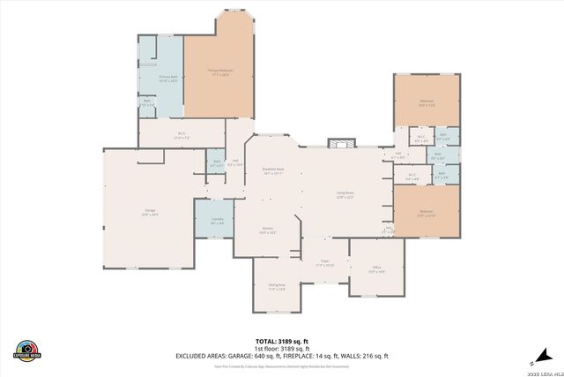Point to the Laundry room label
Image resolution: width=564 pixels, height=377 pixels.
click(217, 221)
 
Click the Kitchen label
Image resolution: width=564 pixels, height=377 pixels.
click(267, 230)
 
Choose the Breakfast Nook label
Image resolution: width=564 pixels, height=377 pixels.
click(271, 171)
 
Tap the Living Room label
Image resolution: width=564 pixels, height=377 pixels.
click(344, 194)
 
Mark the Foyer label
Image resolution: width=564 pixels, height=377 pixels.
click(324, 262)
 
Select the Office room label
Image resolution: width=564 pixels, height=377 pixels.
click(376, 269)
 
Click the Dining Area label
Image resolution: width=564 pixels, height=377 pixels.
click(277, 287)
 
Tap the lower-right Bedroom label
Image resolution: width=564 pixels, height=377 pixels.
click(426, 213)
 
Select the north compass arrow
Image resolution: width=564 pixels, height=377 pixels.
click(531, 362)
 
